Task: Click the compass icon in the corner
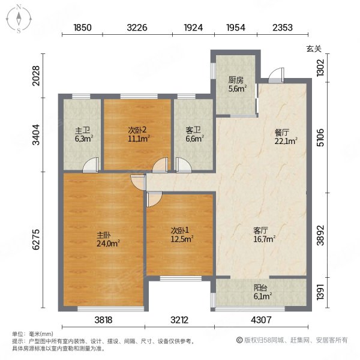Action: (19, 18)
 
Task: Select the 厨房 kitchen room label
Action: (235, 80)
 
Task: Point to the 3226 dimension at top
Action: (137, 28)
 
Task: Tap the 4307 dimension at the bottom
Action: (261, 320)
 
